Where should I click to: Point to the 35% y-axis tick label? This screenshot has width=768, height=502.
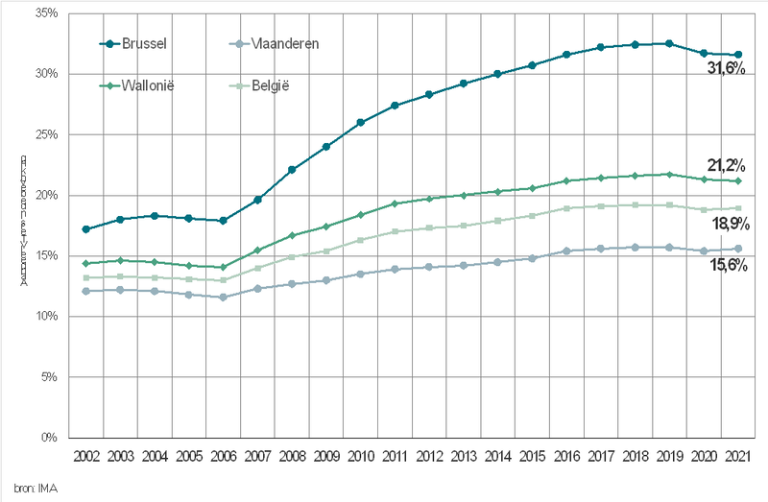pyautogui.click(x=47, y=13)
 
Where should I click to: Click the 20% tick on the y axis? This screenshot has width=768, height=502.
pyautogui.click(x=47, y=196)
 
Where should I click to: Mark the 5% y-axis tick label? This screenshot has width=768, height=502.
pyautogui.click(x=50, y=377)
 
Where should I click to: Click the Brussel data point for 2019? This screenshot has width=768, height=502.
pyautogui.click(x=669, y=43)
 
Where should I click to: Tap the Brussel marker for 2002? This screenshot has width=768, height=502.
pyautogui.click(x=86, y=229)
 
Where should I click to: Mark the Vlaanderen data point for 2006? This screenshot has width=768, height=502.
pyautogui.click(x=223, y=298)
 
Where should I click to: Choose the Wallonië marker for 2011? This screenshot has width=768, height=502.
pyautogui.click(x=395, y=203)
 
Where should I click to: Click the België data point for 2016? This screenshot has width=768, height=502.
pyautogui.click(x=566, y=208)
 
